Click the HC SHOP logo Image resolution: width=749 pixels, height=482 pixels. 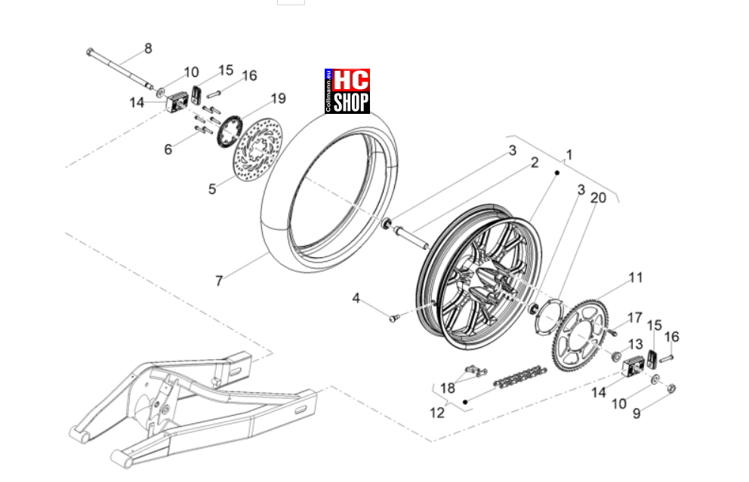coord(347,91)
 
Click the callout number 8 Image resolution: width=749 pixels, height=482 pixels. coord(148,48)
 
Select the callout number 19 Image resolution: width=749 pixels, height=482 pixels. coord(279,98)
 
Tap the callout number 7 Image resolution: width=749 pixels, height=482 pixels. coord(219,281)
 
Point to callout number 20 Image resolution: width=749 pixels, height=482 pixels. coord(598,198)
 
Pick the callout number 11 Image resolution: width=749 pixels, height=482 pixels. coord(635,278)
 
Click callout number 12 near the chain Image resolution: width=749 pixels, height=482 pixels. coord(437,413)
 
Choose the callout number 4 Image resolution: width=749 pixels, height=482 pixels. coord(356,298)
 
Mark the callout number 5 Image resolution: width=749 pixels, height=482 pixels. coord(212,189)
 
